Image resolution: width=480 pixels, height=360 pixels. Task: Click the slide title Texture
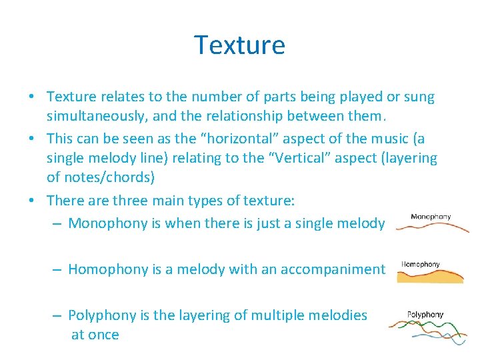(239, 45)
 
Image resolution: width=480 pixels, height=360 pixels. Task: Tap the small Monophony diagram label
(431, 217)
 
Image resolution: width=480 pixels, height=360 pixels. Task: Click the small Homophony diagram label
(420, 264)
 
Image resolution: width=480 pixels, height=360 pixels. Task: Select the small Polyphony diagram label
(425, 315)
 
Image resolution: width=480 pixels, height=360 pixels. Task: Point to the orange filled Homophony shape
(430, 277)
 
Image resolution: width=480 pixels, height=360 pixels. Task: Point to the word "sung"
(419, 97)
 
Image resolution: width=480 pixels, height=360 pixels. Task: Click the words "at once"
(95, 335)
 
